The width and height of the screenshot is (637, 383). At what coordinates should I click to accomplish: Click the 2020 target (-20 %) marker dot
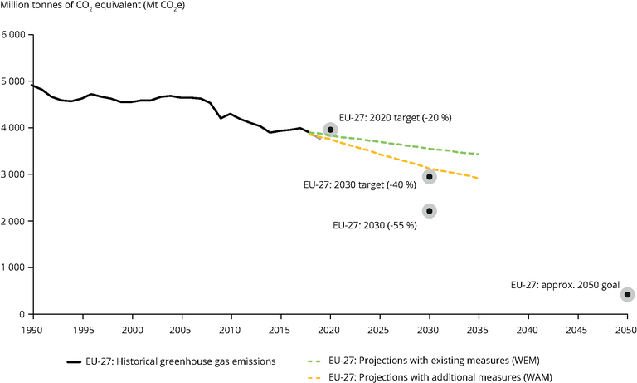coord(330,129)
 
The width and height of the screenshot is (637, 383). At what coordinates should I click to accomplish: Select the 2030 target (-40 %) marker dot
coord(429,176)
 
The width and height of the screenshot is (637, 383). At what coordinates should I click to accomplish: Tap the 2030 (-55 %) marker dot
coord(429,211)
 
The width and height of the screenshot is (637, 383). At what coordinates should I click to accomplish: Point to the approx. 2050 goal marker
coord(627,294)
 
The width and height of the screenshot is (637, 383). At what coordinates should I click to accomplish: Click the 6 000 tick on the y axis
coord(14,36)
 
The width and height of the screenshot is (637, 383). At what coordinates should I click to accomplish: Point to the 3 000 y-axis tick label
coord(14,175)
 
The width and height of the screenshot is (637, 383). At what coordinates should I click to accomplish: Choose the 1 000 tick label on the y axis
coord(14,268)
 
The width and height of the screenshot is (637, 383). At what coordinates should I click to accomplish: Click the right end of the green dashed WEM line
coord(478,154)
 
